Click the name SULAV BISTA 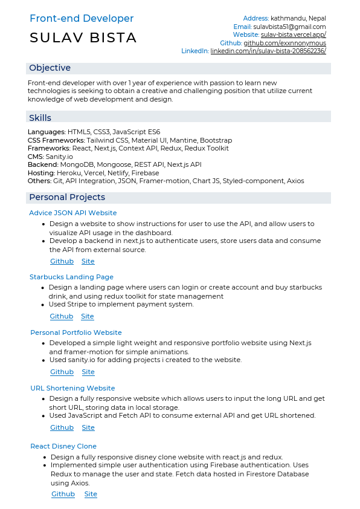coord(83,38)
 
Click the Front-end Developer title coord(82,19)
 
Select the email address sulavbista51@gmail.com coord(289,27)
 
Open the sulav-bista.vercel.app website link coord(294,35)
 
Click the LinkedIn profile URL coord(268,51)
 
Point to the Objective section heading coord(50,68)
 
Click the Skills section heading coord(40,118)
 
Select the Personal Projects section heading coord(67,197)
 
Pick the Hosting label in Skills coord(40,173)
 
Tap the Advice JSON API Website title coord(73,213)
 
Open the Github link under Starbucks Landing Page coord(62,316)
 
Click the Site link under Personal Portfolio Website coord(88,372)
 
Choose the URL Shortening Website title coord(72,388)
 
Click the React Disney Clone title coord(63,446)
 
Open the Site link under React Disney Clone coord(91,494)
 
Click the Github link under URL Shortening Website coord(62,427)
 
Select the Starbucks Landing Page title coord(71,277)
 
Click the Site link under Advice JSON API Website coord(88,261)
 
